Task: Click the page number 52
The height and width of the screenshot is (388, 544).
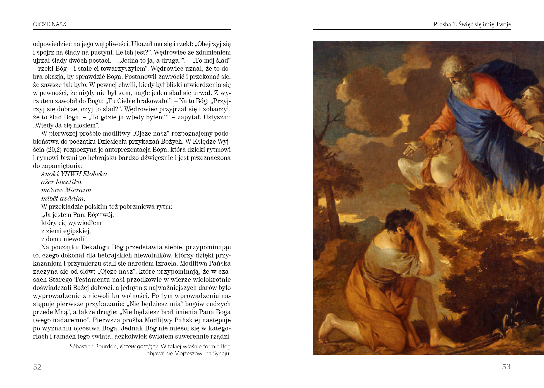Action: pyautogui.click(x=37, y=367)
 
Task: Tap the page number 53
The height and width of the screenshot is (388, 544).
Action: pyautogui.click(x=506, y=367)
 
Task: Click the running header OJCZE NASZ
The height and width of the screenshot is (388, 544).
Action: pyautogui.click(x=49, y=25)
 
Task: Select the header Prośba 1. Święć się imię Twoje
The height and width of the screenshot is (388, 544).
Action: pyautogui.click(x=472, y=25)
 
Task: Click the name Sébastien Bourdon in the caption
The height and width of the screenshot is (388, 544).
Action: pyautogui.click(x=93, y=346)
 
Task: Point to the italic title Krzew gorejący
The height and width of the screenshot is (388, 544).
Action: pyautogui.click(x=139, y=346)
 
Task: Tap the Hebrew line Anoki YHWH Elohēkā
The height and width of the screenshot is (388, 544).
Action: pyautogui.click(x=74, y=174)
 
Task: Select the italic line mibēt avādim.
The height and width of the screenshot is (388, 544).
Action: pyautogui.click(x=63, y=198)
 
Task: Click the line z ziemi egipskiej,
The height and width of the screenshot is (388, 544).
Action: pyautogui.click(x=66, y=231)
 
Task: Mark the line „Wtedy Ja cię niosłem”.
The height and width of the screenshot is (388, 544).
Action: pyautogui.click(x=66, y=125)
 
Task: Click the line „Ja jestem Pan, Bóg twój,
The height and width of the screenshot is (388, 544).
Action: pyautogui.click(x=77, y=215)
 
